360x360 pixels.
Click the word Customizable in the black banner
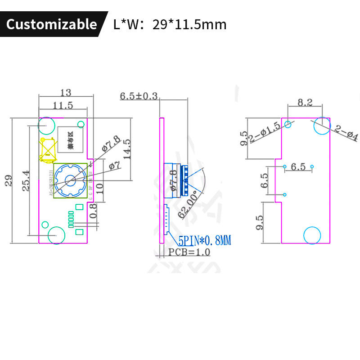coord(52,24)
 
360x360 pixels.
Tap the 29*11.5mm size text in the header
coord(189,24)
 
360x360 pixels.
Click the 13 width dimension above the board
coord(66,93)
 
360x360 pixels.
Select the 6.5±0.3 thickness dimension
coord(139,96)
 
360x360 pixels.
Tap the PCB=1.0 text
coord(189,252)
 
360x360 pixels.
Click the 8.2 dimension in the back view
coord(305,103)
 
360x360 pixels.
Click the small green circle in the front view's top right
coord(81,124)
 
